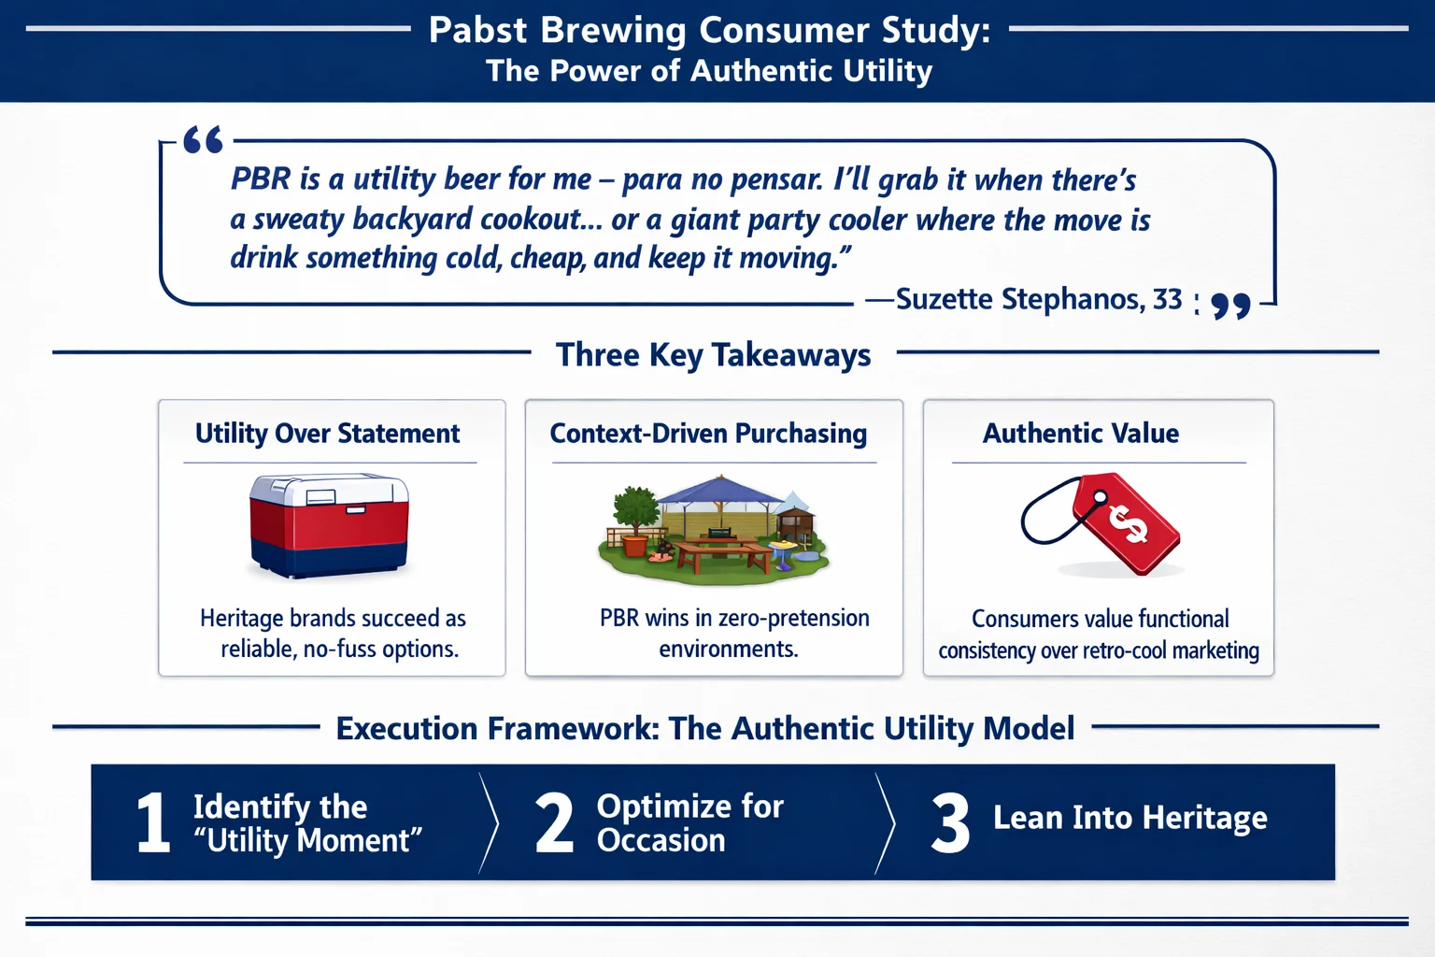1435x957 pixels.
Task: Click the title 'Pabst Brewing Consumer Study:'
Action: point(709,30)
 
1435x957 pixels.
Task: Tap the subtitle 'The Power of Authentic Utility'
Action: point(709,71)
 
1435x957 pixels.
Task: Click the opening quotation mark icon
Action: point(203,140)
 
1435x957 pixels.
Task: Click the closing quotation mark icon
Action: point(1230,306)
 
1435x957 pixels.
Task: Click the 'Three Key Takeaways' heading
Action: point(713,355)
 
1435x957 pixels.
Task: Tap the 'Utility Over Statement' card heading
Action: point(327,434)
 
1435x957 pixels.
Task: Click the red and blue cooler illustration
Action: point(329,524)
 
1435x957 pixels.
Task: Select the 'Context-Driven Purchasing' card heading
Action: point(708,434)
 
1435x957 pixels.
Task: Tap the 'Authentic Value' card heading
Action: point(1080,434)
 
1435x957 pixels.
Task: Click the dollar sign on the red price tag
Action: point(1128,522)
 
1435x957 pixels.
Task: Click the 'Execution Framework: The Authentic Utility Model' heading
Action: point(705,728)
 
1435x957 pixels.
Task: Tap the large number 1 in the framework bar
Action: point(153,822)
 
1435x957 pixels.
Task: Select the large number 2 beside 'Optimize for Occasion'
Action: point(553,822)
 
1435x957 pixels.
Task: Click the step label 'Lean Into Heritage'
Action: point(1130,818)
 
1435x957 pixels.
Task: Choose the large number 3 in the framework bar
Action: point(950,822)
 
